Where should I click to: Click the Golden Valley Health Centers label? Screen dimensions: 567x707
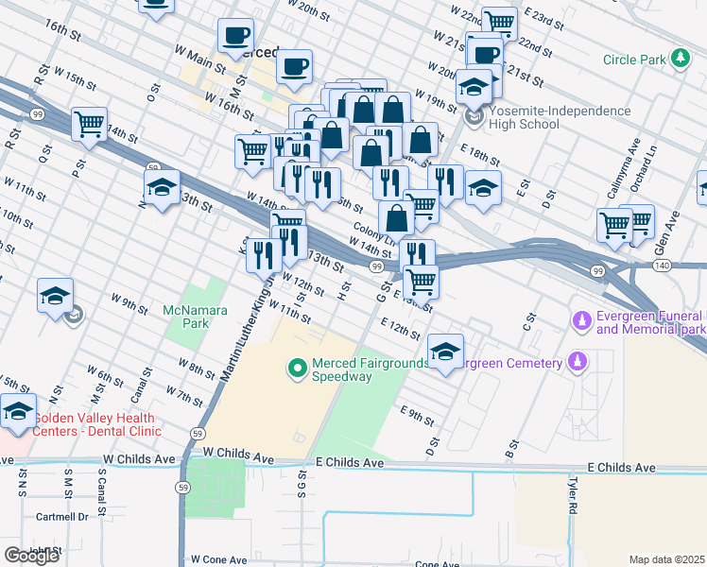(96, 424)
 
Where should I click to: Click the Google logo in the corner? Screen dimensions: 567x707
(31, 556)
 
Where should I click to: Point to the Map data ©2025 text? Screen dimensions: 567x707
(666, 559)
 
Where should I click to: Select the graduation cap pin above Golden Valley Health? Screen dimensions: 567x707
(19, 412)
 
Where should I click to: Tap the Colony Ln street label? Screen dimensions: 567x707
(371, 230)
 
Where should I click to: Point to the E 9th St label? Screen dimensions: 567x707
(418, 413)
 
